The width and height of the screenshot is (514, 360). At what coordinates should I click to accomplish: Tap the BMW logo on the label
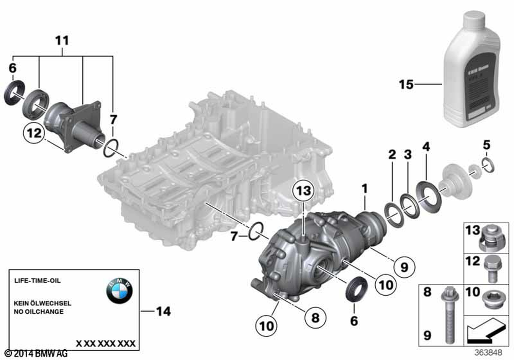click(119, 294)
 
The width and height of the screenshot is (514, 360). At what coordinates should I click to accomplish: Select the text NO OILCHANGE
click(39, 312)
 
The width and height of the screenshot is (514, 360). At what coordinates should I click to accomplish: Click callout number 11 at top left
click(62, 40)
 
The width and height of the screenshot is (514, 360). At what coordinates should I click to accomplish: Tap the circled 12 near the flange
click(32, 133)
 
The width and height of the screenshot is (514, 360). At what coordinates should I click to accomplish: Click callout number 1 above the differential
click(364, 189)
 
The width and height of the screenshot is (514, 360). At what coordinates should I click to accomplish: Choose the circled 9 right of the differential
click(403, 266)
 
